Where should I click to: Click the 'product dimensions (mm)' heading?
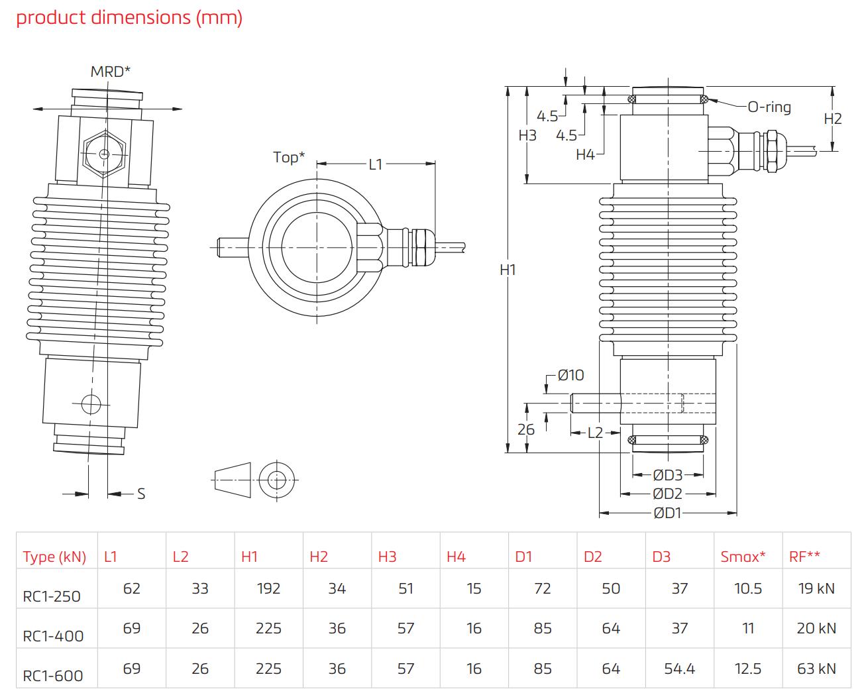129,18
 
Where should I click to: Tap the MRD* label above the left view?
111,71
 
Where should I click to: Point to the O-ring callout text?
769,107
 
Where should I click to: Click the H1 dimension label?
508,270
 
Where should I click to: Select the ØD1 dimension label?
667,513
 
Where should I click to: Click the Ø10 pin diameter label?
570,375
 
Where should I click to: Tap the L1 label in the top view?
376,164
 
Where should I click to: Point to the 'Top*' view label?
290,157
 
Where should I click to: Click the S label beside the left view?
141,494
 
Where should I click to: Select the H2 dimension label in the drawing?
833,119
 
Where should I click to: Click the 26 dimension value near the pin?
526,429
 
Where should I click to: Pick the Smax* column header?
743,557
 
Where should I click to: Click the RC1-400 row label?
53,636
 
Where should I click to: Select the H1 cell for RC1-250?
268,588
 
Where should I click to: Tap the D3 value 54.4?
679,669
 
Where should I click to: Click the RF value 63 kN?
816,669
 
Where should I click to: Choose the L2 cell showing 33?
200,588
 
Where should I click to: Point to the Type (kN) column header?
54,557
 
